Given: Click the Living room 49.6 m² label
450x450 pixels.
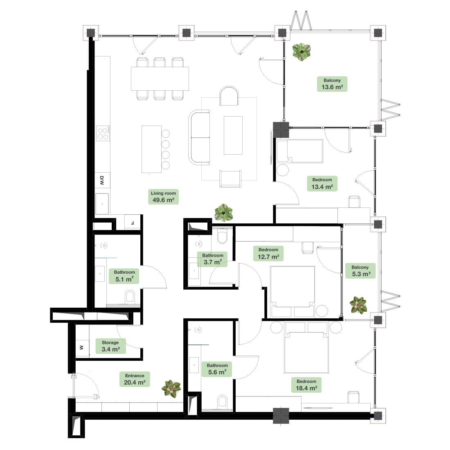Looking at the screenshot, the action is point(163,197).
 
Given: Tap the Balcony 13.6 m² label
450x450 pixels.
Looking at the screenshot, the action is point(332,84).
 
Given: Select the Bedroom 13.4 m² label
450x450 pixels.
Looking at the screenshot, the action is point(322,183).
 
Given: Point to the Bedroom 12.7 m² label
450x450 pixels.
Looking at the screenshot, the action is point(268,253).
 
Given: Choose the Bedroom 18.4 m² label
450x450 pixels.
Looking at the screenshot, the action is point(306,385).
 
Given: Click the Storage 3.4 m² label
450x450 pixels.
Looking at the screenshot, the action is point(110,346).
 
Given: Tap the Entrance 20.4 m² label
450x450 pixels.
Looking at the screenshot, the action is point(135,379).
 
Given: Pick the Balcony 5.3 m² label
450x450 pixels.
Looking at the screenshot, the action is point(360,271).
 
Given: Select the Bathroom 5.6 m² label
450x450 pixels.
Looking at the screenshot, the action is point(217,369).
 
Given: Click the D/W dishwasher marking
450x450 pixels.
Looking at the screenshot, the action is point(102,180).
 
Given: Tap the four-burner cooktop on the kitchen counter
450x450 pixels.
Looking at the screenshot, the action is point(103,133).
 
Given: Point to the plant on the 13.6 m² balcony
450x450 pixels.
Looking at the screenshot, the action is point(301,52).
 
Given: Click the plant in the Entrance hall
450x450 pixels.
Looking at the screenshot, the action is point(171,389).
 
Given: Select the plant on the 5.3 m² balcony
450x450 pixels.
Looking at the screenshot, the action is point(358,305).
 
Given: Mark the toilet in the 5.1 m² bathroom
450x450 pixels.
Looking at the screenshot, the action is point(130,297).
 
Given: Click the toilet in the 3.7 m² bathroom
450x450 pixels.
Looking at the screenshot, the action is point(223,236).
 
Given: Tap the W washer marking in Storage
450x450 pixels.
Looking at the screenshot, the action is point(81,348).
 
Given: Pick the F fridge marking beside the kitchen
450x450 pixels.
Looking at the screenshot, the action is point(132,223).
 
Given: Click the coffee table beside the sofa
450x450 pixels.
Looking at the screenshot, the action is point(233,135).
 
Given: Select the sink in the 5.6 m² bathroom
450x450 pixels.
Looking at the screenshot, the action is point(194,365).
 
